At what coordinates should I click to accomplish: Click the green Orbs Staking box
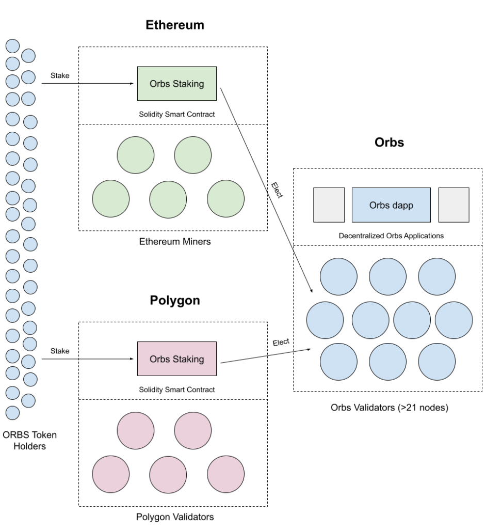tap(176, 84)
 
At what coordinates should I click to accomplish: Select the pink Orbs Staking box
tap(176, 359)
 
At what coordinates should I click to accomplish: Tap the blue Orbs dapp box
tap(391, 205)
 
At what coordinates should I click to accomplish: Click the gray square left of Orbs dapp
tap(329, 205)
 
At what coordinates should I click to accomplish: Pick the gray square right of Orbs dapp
tap(453, 205)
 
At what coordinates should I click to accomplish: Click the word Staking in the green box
tap(189, 84)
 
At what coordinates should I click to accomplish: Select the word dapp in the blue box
tap(402, 206)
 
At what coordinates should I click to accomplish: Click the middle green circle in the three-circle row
tap(168, 199)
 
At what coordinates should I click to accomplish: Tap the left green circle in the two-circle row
tap(136, 155)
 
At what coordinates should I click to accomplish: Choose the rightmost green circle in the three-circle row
tap(225, 199)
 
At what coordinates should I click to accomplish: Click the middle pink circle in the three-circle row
tap(168, 474)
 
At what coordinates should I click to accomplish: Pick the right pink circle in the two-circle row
tap(193, 430)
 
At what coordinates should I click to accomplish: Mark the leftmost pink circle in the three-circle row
tap(110, 474)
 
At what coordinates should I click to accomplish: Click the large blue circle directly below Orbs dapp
tap(387, 277)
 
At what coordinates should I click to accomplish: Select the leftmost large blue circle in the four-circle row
tap(325, 320)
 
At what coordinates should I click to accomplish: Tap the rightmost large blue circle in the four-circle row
tap(453, 320)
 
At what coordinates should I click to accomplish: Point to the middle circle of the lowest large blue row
tap(387, 362)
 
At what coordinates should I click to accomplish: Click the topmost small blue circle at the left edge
tap(12, 46)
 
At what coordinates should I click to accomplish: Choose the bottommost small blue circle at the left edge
tap(12, 413)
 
